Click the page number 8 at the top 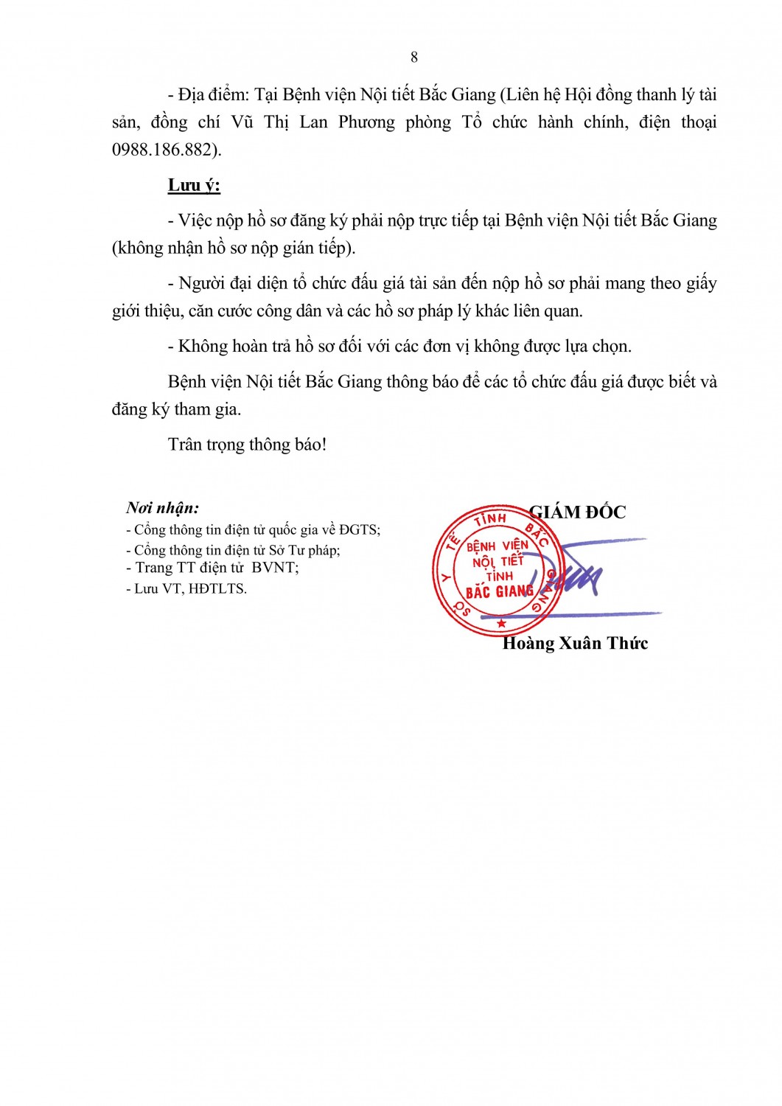(x=414, y=58)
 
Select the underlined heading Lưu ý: (x=194, y=185)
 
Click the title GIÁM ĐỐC (x=578, y=512)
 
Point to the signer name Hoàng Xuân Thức (x=575, y=644)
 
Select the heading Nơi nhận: (x=162, y=508)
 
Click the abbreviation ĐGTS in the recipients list (x=360, y=530)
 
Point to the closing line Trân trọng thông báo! (x=247, y=445)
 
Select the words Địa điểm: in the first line (x=214, y=95)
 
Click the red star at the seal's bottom (x=502, y=625)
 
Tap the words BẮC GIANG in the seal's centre (x=499, y=592)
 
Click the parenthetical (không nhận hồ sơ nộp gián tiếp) (x=234, y=248)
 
